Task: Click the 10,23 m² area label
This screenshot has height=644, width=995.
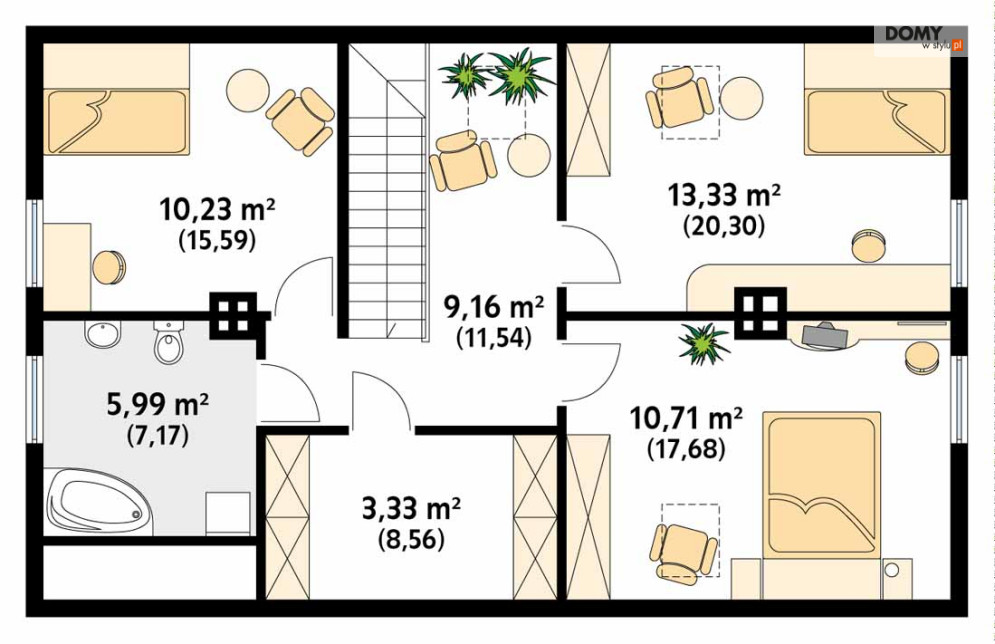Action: tap(217, 209)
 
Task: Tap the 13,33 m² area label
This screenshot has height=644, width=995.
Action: tap(723, 195)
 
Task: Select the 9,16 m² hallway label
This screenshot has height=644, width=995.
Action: tap(493, 307)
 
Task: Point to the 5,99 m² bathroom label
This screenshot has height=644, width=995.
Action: tap(158, 404)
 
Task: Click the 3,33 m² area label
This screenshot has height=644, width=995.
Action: tap(411, 508)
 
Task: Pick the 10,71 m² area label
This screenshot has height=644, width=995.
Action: tap(686, 418)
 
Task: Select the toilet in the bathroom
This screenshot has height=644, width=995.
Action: tap(169, 342)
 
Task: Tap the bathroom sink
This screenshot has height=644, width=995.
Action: tap(103, 334)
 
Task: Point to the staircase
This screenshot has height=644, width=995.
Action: tap(386, 190)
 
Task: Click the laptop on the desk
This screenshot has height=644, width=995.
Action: tap(825, 334)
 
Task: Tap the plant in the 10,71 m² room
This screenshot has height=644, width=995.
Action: tap(703, 343)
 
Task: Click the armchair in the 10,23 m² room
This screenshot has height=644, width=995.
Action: tap(300, 122)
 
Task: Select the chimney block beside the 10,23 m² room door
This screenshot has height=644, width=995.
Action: tap(234, 315)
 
